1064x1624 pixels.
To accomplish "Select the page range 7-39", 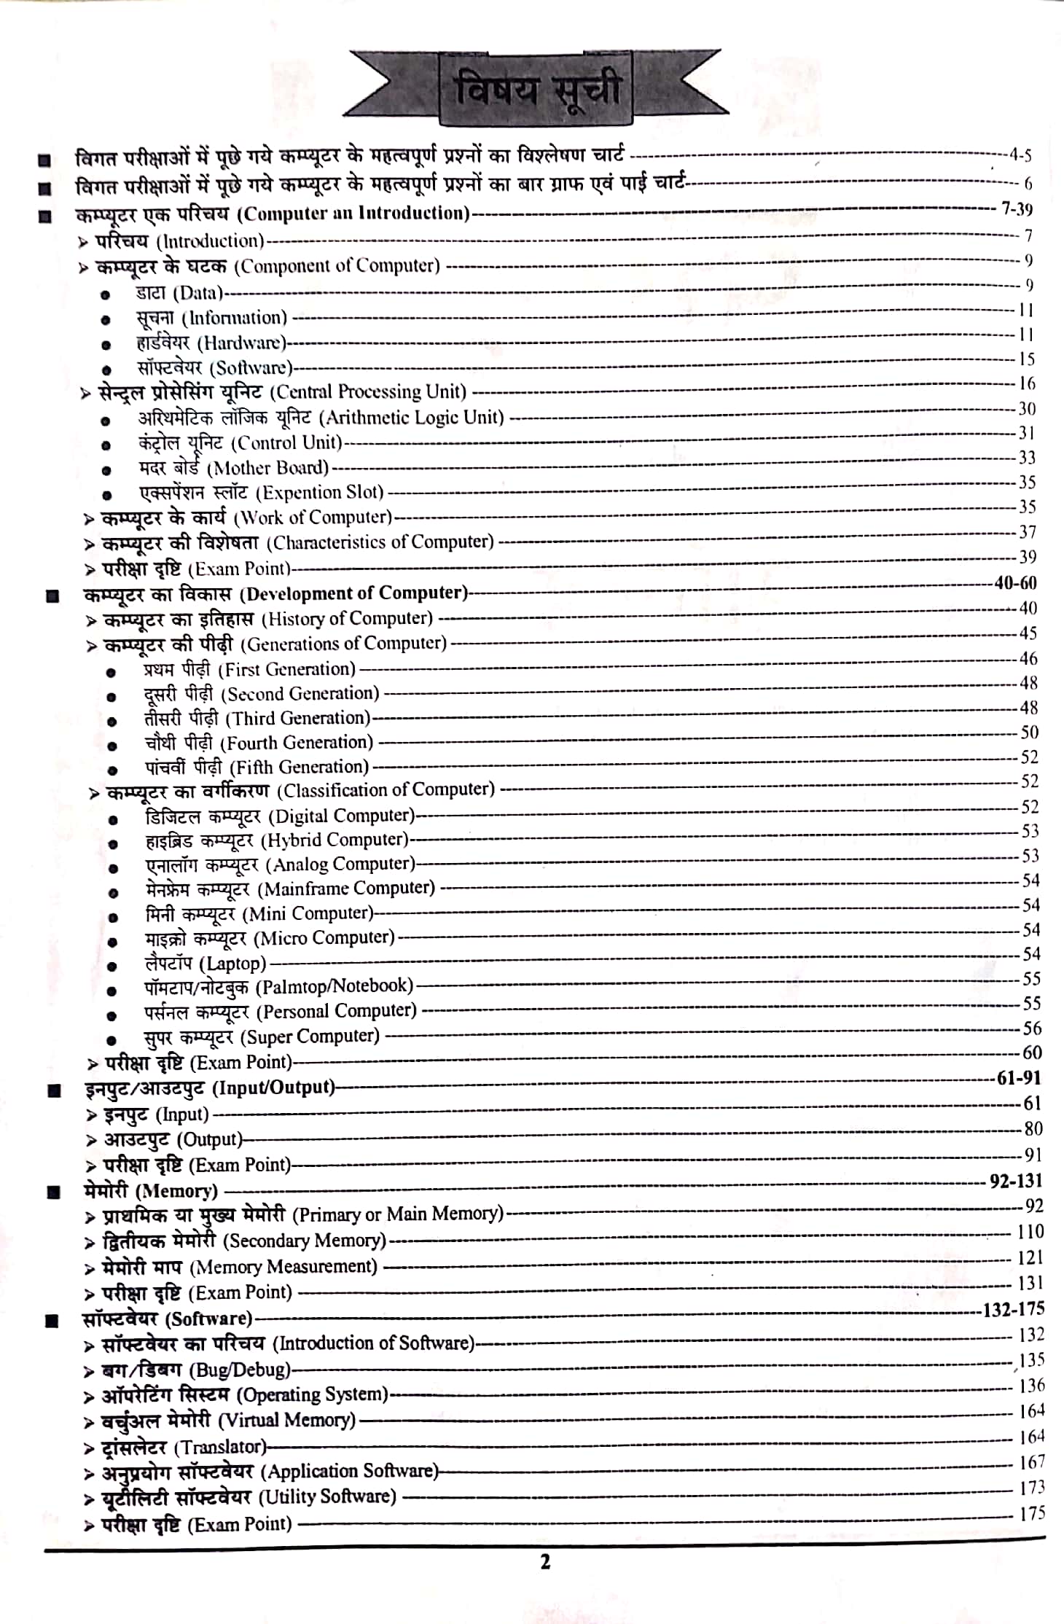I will (x=1017, y=210).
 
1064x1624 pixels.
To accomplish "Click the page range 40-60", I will (x=1015, y=583).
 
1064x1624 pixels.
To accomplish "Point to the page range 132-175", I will (x=1014, y=1309).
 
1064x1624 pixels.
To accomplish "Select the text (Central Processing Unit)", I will (x=368, y=392).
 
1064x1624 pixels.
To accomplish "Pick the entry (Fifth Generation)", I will (x=299, y=767).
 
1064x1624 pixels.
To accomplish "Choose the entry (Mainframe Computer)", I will (x=347, y=889).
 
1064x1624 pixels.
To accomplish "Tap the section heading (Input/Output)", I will (x=273, y=1088).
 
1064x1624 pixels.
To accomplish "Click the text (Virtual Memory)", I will (x=287, y=1420).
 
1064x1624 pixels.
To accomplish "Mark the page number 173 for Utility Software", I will (x=1032, y=1487).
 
